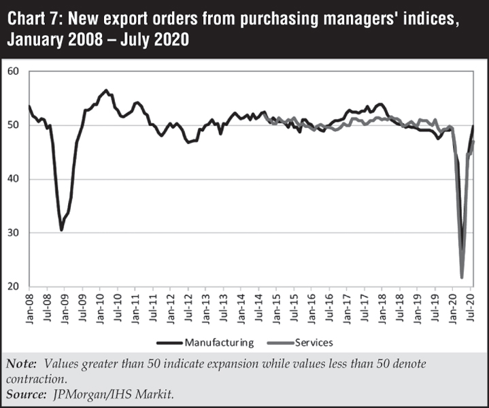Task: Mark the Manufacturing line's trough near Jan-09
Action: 61,230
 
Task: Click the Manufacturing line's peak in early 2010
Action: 106,90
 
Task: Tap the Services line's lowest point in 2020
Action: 462,277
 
